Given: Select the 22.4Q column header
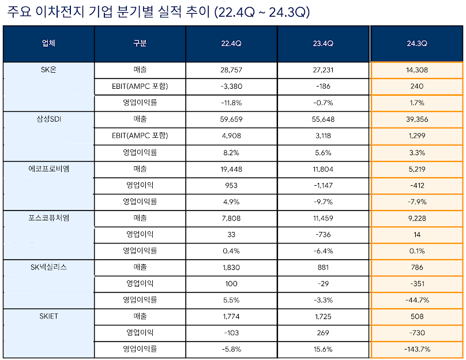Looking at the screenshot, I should coord(232,44).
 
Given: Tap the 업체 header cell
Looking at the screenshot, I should coord(49,44).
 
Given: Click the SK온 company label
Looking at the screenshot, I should coord(49,70).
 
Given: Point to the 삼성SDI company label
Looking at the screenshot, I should coord(49,119).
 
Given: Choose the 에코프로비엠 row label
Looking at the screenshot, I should coord(49,169).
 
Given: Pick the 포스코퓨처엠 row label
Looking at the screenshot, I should coord(49,218).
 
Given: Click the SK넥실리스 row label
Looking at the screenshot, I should coord(49,268).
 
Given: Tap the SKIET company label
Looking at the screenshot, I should coord(49,316).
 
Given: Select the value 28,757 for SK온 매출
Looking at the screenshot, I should coord(232,70).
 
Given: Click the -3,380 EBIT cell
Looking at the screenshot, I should coord(232,87).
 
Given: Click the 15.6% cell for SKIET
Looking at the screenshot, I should coord(323,349).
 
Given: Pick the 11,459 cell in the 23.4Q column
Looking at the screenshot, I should coord(323,218).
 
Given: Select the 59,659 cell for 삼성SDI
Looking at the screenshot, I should coord(232,119).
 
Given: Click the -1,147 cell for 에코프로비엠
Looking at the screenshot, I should coord(323,185).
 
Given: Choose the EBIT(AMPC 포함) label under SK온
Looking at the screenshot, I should coord(140,87).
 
